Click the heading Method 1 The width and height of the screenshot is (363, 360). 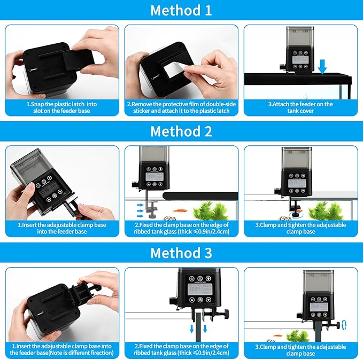coord(181,10)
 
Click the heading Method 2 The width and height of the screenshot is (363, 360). coord(181,131)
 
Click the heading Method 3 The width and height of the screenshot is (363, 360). coord(181,252)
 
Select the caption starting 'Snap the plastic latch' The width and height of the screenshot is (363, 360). coord(62,107)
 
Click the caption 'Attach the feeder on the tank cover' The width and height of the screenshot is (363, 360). coord(301,107)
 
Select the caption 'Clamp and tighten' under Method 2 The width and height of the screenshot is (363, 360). coord(301,228)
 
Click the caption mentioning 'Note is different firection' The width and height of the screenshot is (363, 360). coord(62,350)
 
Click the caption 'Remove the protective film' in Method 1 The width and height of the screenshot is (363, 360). coord(182,107)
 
